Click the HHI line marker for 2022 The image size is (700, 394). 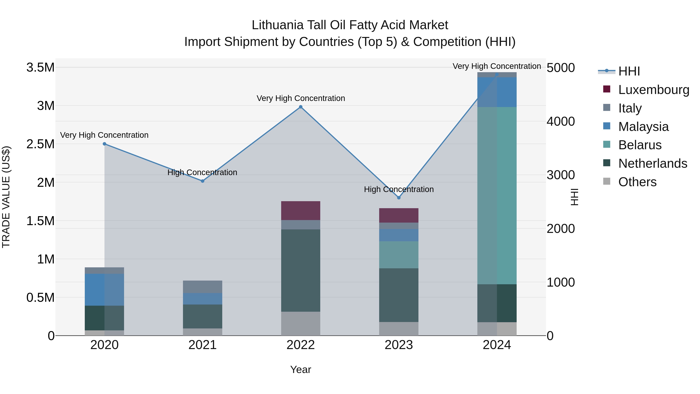click(x=301, y=107)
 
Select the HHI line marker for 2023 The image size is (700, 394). click(x=399, y=198)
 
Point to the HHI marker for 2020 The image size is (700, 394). click(x=104, y=144)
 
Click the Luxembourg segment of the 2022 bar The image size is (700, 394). click(x=301, y=211)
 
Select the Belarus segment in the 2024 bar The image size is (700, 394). click(x=497, y=196)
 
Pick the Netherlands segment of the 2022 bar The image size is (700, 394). click(x=301, y=271)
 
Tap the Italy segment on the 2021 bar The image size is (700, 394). click(x=202, y=287)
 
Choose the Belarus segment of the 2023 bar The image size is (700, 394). click(x=399, y=255)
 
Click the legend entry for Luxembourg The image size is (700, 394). click(x=654, y=90)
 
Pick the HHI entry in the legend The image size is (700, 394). click(x=629, y=71)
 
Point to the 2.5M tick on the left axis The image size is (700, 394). click(x=40, y=144)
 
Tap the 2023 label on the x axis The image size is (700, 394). click(x=399, y=345)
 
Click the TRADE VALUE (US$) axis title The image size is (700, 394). click(x=6, y=197)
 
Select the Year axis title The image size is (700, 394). click(x=301, y=369)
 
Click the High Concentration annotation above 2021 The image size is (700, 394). click(x=202, y=172)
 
